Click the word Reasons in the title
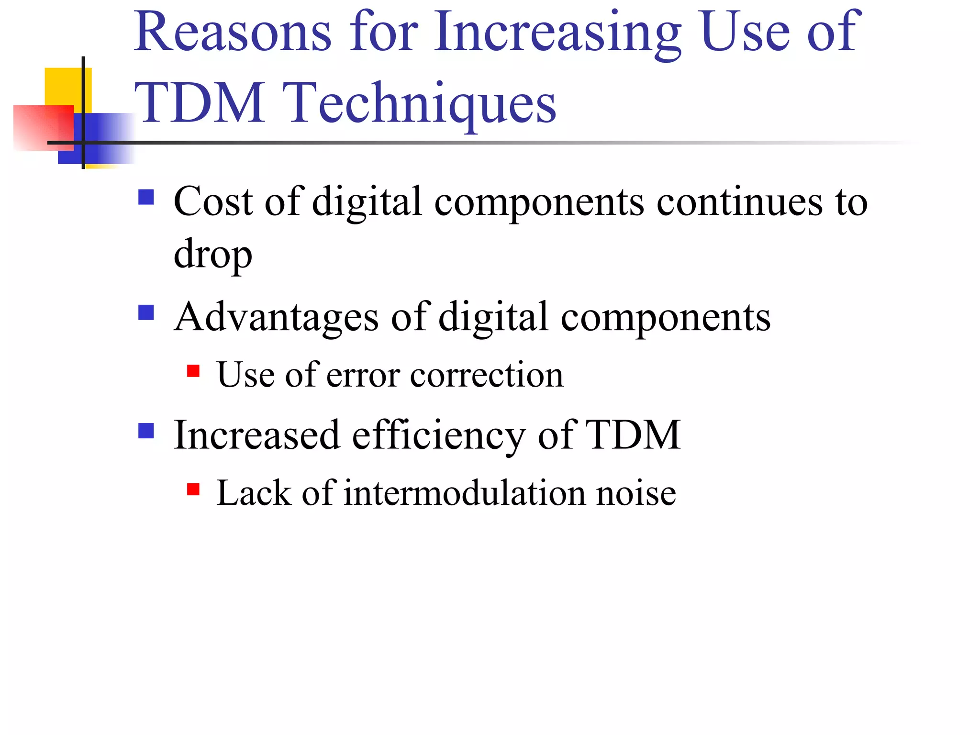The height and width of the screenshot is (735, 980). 233,33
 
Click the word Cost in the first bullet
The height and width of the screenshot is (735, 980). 213,201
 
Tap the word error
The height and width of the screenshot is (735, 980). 363,375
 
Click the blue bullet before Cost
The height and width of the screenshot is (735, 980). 146,197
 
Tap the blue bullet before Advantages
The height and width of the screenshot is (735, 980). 146,313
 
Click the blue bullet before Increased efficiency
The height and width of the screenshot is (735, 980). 146,431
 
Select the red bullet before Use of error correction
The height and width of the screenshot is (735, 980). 193,371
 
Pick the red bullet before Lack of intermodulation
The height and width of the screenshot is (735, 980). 193,489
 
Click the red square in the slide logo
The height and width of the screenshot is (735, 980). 43,127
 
